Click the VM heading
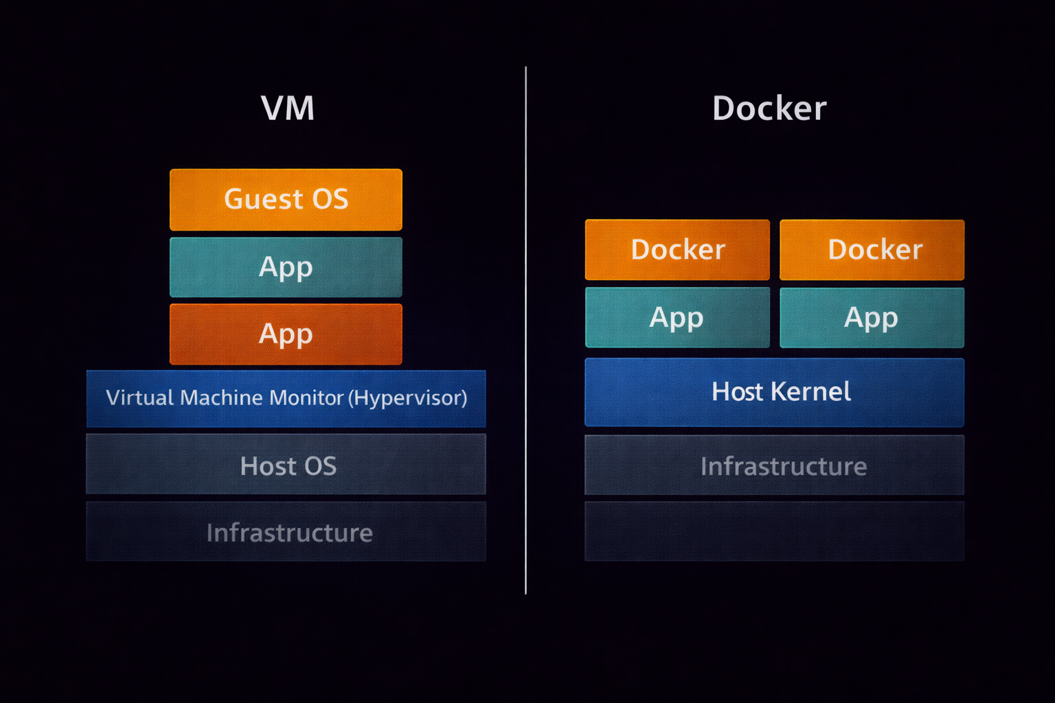click(288, 108)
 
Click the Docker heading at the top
click(769, 108)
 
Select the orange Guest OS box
click(286, 200)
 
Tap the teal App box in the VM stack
click(286, 267)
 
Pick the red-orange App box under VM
click(286, 334)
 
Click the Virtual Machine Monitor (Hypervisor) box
click(286, 399)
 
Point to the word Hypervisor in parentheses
click(409, 398)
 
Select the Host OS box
click(286, 465)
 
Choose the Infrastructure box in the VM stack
click(286, 532)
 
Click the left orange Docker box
click(677, 250)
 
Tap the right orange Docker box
click(872, 250)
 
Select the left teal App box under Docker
click(677, 318)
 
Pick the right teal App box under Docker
click(872, 318)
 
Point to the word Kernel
click(811, 392)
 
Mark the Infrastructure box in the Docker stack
click(774, 466)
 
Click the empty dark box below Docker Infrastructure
click(774, 531)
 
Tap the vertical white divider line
click(526, 330)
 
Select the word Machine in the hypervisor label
click(222, 398)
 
